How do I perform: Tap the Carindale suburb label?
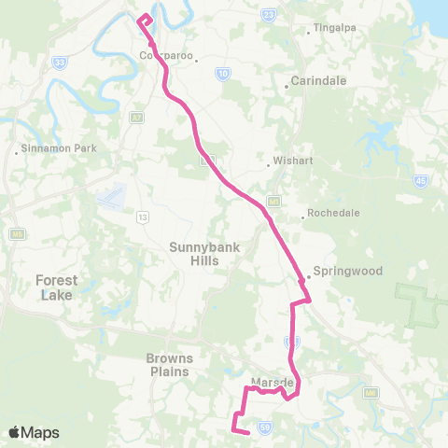click(x=319, y=81)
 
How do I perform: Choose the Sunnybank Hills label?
click(x=194, y=254)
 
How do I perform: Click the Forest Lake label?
click(x=57, y=287)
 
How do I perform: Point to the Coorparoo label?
click(x=164, y=56)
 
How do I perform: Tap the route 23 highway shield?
click(x=270, y=15)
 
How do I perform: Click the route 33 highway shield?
click(x=61, y=63)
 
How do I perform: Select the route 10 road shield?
click(x=222, y=73)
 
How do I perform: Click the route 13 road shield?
click(x=143, y=217)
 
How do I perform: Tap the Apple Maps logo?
click(x=34, y=432)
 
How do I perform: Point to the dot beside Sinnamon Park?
click(x=18, y=149)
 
